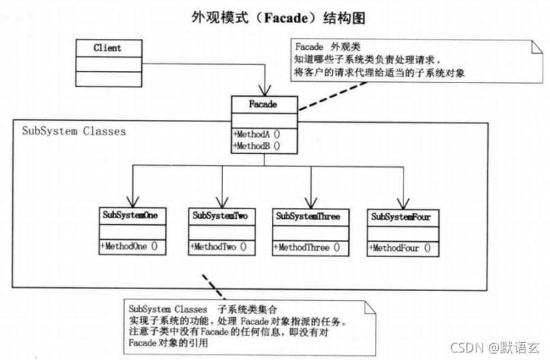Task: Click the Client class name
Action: pos(107,48)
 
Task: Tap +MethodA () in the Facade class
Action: pos(258,134)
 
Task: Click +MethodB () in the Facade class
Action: pos(258,145)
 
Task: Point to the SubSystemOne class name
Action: pos(130,215)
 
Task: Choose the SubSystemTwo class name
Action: pos(219,215)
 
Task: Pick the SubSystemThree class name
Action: pos(307,216)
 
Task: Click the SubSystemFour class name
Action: pos(401,217)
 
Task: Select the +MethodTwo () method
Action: pos(218,247)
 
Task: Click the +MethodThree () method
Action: pos(308,248)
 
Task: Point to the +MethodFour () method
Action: pos(400,248)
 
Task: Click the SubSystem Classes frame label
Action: pos(74,131)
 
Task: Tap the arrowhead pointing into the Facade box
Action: pos(264,90)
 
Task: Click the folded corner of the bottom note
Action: pos(369,307)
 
